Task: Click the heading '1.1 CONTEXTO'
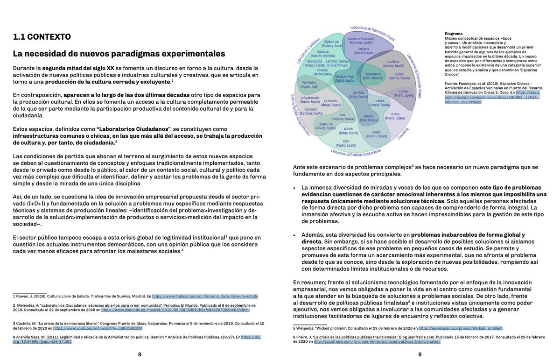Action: click(x=42, y=36)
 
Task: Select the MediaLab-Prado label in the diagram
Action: click(x=344, y=78)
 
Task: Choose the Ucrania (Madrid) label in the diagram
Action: click(x=395, y=116)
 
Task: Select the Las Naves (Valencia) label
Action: click(x=393, y=64)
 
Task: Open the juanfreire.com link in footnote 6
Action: click(x=377, y=341)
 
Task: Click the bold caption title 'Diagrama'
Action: click(x=454, y=34)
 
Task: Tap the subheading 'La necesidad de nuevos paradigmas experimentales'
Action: click(x=119, y=54)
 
